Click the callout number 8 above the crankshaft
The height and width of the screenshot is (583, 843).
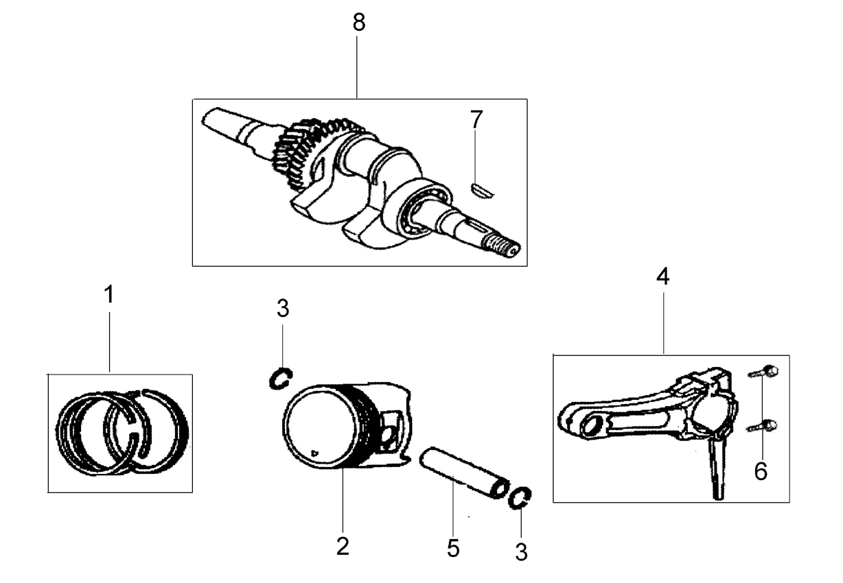(x=358, y=23)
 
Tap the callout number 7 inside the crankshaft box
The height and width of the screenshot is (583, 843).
(x=476, y=119)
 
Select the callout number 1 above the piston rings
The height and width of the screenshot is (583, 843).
(x=109, y=294)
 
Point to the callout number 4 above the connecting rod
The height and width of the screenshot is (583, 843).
(x=663, y=276)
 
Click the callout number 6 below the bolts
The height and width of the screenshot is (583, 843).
(x=761, y=471)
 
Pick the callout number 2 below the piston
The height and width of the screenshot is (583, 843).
(x=343, y=547)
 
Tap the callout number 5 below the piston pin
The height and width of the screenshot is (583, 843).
(x=453, y=548)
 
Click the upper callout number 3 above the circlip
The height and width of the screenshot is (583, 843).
(x=283, y=309)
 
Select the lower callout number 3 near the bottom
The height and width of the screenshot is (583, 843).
(x=521, y=552)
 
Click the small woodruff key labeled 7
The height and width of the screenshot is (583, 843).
(x=482, y=190)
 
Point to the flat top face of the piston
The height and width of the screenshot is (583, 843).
(x=320, y=427)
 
